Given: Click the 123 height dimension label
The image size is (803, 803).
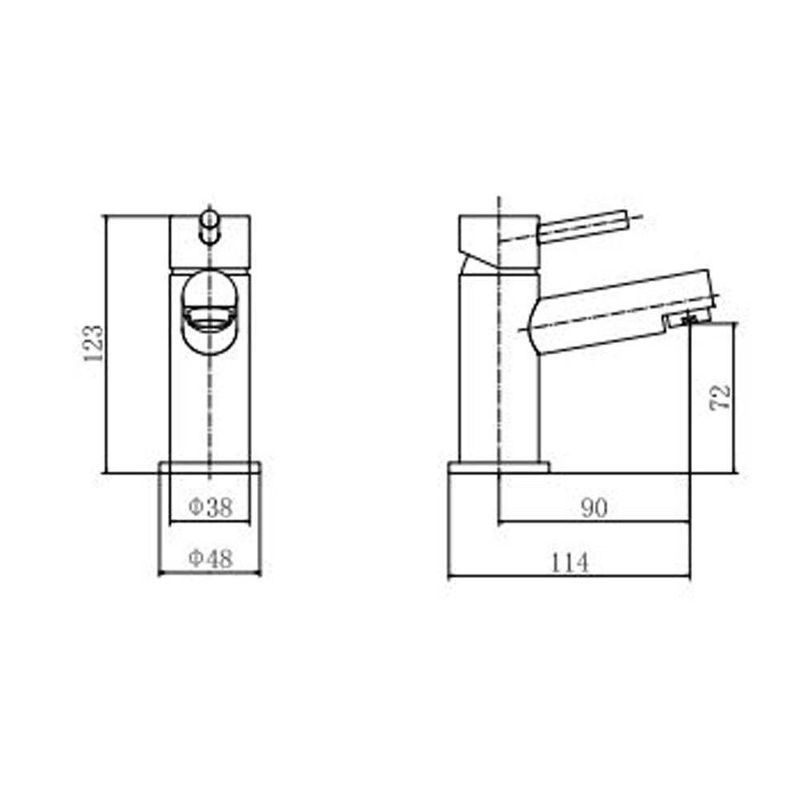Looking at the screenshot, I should [93, 343].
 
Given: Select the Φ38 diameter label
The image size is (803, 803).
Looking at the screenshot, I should [210, 507].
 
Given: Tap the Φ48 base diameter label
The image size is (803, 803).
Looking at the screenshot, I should [210, 559].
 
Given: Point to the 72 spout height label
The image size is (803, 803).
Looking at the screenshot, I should [721, 397].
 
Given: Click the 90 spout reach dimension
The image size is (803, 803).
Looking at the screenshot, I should [593, 507].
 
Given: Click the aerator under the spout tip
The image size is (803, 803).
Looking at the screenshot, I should [679, 321].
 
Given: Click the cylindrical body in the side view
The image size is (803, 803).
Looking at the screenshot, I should [482, 369].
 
